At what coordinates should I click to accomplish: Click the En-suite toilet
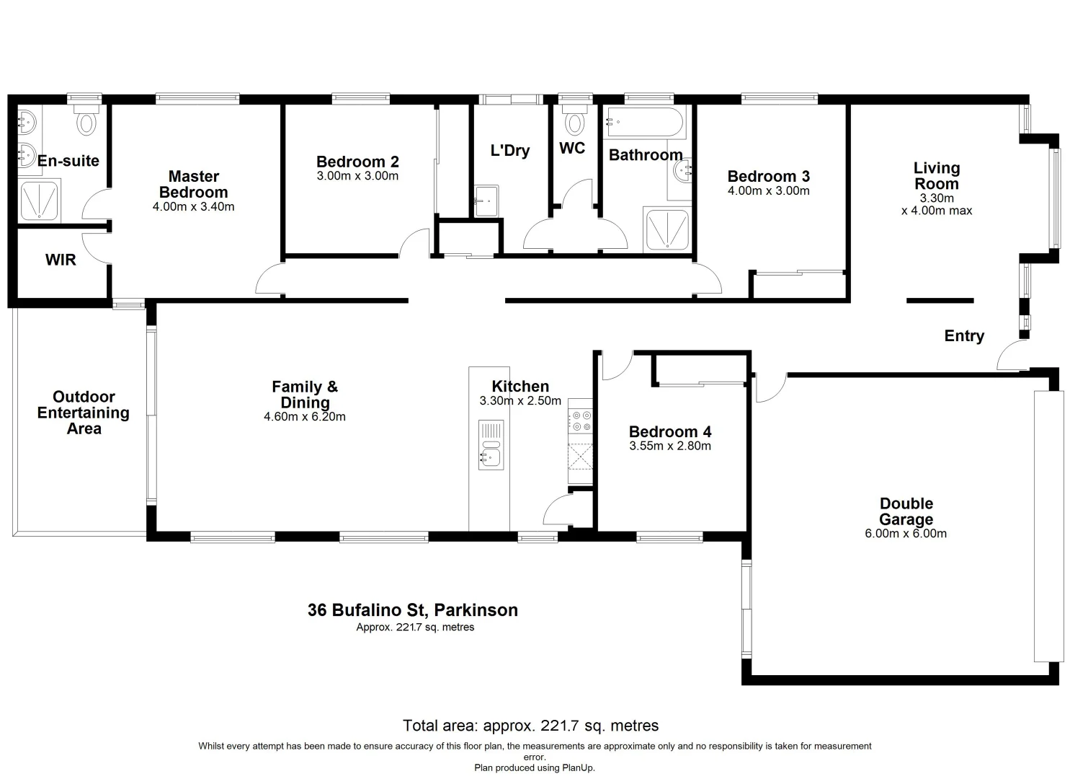[x=86, y=122]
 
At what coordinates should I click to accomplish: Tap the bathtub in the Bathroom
[x=645, y=122]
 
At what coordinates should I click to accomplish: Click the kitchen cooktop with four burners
[x=580, y=421]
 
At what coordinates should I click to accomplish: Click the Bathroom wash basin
[x=681, y=171]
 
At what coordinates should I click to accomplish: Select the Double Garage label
[x=906, y=511]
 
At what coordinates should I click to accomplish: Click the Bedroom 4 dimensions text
[x=669, y=446]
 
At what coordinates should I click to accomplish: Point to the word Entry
[x=964, y=336]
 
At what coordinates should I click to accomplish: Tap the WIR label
[x=61, y=260]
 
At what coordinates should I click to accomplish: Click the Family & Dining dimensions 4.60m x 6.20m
[x=305, y=417]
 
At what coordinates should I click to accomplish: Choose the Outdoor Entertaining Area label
[x=84, y=413]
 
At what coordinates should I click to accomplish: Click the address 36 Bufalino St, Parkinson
[x=412, y=610]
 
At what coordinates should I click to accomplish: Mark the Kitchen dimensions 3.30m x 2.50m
[x=520, y=401]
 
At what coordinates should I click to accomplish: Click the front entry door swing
[x=1010, y=356]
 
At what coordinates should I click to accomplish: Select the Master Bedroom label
[x=193, y=185]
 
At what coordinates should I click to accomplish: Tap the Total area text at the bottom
[x=530, y=726]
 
